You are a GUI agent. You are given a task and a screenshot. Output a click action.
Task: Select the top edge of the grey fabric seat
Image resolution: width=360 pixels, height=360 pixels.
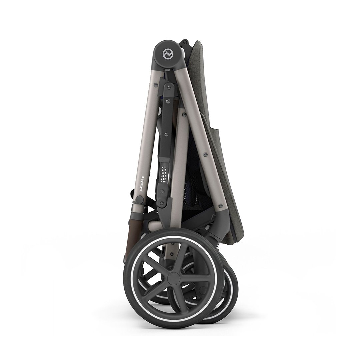[199, 41]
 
